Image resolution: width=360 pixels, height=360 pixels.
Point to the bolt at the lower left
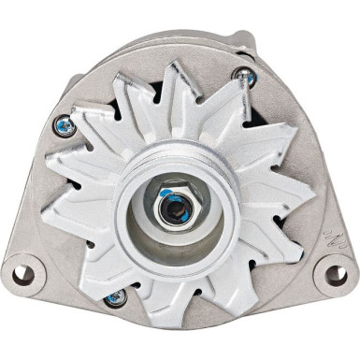[115, 297]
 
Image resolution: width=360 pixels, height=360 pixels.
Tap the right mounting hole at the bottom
[333, 275]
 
